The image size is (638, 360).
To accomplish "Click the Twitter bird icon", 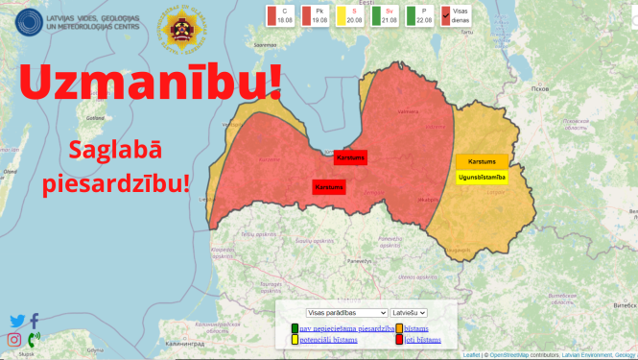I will pos(16,322).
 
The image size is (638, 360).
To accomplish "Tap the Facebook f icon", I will pos(35,322).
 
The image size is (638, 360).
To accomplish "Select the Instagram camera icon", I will pos(14,340).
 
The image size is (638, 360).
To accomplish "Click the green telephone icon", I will pos(34,339).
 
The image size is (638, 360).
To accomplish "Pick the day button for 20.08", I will pos(351,15).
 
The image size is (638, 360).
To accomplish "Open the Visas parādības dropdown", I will pos(346,313).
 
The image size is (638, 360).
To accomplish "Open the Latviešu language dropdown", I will pos(409,313).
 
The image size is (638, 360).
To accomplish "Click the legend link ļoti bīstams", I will pos(422,340).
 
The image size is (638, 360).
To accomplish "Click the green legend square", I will pos(295,328).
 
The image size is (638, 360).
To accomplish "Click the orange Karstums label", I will pos(482,161).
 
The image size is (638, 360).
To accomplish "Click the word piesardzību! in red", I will pos(115,183).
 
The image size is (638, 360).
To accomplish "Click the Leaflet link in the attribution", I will pos(471,355).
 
